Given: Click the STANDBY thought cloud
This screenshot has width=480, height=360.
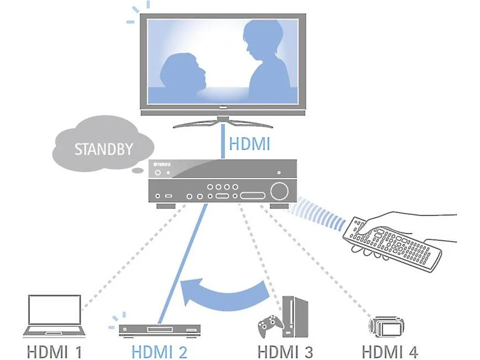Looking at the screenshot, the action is pyautogui.click(x=103, y=144).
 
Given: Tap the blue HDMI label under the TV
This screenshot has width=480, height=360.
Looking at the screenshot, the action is pyautogui.click(x=250, y=144).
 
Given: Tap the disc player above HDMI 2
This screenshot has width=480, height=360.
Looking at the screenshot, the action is pyautogui.click(x=160, y=330).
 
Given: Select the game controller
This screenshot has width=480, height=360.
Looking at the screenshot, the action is pyautogui.click(x=270, y=326).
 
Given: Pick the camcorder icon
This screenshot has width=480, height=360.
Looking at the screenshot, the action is pyautogui.click(x=386, y=327).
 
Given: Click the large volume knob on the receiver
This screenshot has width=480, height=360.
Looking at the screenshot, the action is pyautogui.click(x=279, y=192).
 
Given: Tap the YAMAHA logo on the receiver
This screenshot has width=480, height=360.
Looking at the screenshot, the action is pyautogui.click(x=162, y=165).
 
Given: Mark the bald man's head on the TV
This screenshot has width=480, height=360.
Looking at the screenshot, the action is pyautogui.click(x=184, y=71).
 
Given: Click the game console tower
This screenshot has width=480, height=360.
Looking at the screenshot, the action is pyautogui.click(x=295, y=316).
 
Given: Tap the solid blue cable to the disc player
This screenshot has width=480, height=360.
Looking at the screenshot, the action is pyautogui.click(x=182, y=264).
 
